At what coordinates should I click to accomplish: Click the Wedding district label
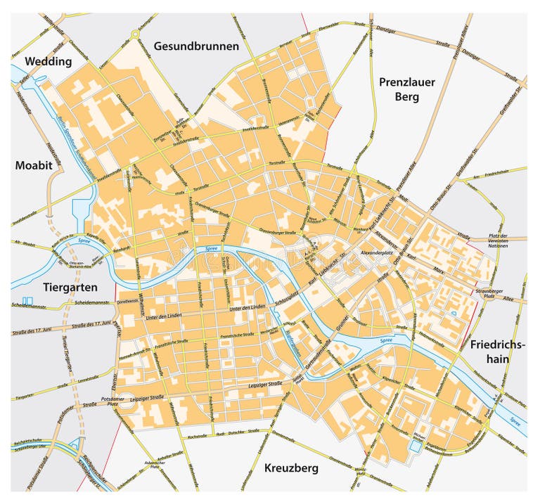click(49, 61)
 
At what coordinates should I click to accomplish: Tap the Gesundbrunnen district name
click(196, 46)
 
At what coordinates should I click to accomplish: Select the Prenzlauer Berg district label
click(407, 89)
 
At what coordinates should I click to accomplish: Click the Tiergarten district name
click(70, 288)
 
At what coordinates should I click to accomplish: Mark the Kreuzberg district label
click(291, 468)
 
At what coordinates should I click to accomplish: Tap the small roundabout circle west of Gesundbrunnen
click(134, 33)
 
